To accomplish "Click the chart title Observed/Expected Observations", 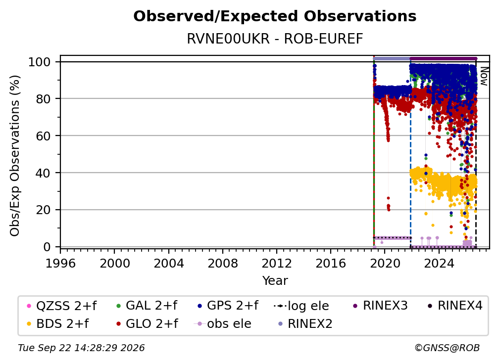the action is (x=275, y=16).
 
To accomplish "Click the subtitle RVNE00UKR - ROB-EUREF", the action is (x=275, y=39).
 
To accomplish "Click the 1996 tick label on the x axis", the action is (x=60, y=264).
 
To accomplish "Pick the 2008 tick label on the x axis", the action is (x=222, y=264).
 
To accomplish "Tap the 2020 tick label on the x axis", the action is (x=385, y=264).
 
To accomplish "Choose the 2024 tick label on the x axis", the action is (x=439, y=264).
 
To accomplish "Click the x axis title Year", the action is (x=275, y=281).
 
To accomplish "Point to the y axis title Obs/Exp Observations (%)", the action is (x=15, y=155).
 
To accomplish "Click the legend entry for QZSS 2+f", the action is (x=61, y=306).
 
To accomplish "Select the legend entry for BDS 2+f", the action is (x=57, y=324).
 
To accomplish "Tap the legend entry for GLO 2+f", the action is (x=147, y=324).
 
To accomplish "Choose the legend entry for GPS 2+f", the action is (x=228, y=306).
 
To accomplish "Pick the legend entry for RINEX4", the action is (x=455, y=306).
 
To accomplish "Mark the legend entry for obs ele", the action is (x=222, y=324).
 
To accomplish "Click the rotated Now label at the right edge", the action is (x=483, y=77).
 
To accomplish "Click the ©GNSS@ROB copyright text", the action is (x=447, y=348).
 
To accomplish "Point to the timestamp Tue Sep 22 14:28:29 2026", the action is (x=82, y=348).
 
